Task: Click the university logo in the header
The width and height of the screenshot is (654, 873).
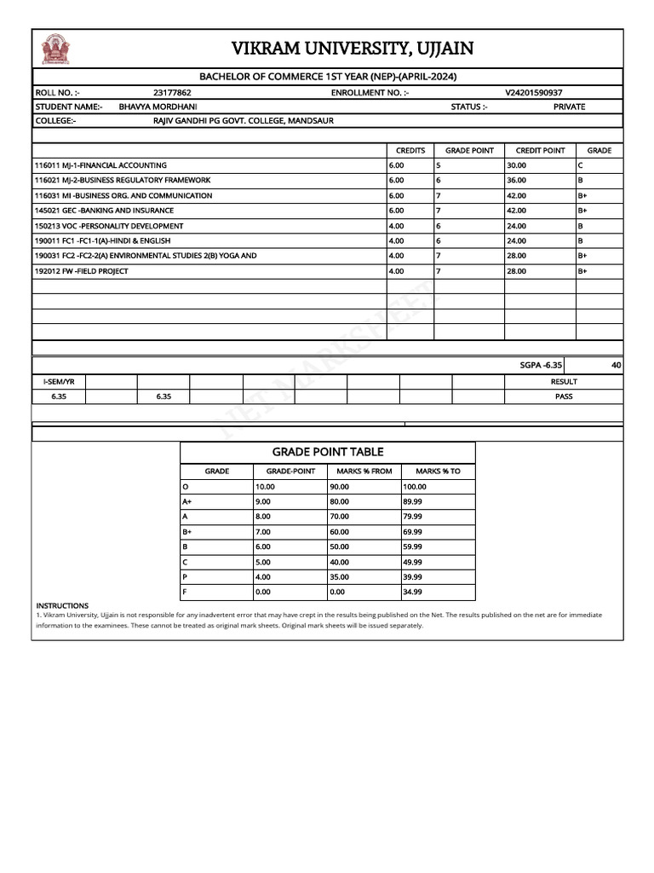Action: click(55, 49)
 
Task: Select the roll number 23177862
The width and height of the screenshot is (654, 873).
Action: click(172, 92)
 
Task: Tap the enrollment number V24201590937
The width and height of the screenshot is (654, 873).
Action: click(533, 92)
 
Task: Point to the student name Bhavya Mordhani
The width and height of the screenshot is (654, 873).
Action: click(158, 107)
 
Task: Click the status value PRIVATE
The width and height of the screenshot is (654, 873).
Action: click(569, 107)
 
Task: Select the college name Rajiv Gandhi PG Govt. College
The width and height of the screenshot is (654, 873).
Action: click(243, 121)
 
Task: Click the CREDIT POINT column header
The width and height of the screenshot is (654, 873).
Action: click(540, 151)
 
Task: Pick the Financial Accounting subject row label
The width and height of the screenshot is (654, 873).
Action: click(100, 165)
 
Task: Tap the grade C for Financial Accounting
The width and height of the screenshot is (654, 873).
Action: click(580, 165)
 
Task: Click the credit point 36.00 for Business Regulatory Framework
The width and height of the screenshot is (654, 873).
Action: click(516, 181)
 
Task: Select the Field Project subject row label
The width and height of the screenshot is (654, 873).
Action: click(81, 271)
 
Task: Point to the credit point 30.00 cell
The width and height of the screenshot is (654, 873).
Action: click(516, 165)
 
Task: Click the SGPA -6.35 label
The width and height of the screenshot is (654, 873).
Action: click(541, 365)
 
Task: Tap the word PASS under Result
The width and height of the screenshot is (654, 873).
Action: click(564, 396)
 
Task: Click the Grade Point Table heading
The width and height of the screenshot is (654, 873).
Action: click(328, 452)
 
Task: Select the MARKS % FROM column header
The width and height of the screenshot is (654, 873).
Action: click(364, 471)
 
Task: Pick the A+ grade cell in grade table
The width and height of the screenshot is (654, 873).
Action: click(187, 502)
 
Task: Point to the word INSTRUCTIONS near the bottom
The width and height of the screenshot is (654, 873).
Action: click(62, 605)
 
